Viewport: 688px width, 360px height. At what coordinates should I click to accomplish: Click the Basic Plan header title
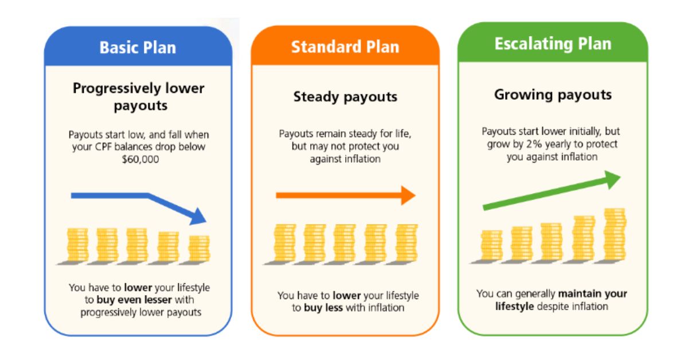[x=138, y=47]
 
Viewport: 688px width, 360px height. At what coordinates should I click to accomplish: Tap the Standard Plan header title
[x=345, y=47]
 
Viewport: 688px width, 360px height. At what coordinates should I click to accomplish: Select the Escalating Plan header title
[x=553, y=44]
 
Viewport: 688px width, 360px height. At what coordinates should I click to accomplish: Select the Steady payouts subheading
[x=345, y=97]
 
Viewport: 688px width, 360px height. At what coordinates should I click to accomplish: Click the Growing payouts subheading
[x=553, y=95]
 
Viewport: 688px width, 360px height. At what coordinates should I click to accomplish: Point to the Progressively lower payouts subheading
[x=138, y=97]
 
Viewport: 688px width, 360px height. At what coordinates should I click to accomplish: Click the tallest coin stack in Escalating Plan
[x=614, y=235]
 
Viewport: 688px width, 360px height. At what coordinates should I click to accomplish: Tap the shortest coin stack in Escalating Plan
[x=491, y=245]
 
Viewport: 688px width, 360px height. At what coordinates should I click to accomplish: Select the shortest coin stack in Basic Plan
[x=199, y=248]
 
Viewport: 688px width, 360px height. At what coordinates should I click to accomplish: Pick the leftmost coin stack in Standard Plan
[x=284, y=243]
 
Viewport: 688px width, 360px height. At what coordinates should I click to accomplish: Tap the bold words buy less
[x=323, y=308]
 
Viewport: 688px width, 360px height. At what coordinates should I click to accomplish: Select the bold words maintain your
[x=593, y=294]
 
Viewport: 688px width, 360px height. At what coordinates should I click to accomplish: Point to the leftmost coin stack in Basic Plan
[x=77, y=245]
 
